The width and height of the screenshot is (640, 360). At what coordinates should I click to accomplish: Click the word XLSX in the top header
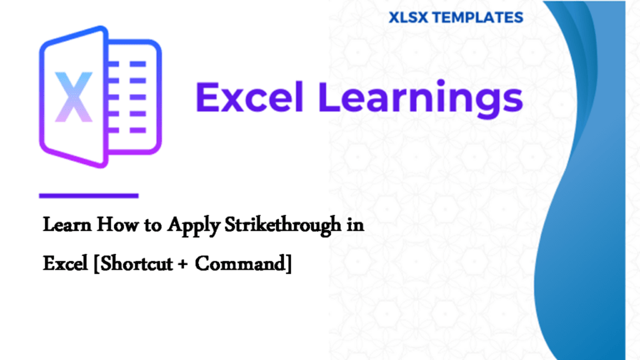pos(407,17)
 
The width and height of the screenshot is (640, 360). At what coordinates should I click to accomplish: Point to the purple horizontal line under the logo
pos(88,196)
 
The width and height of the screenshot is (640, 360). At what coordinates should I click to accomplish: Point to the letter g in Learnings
pos(487,104)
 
